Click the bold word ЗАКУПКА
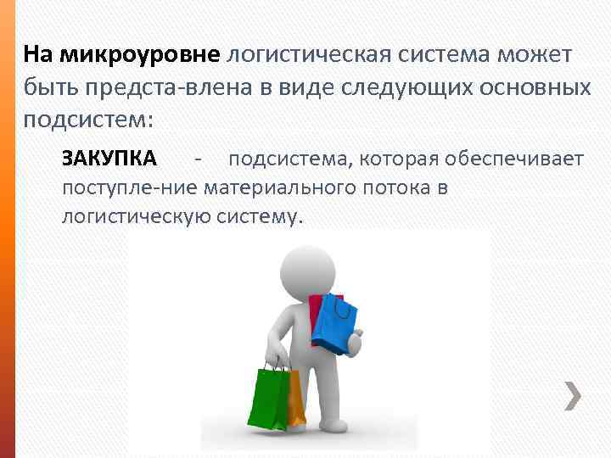point(109,158)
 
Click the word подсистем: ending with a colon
point(88,120)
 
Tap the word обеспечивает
point(520,159)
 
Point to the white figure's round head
point(307,270)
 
